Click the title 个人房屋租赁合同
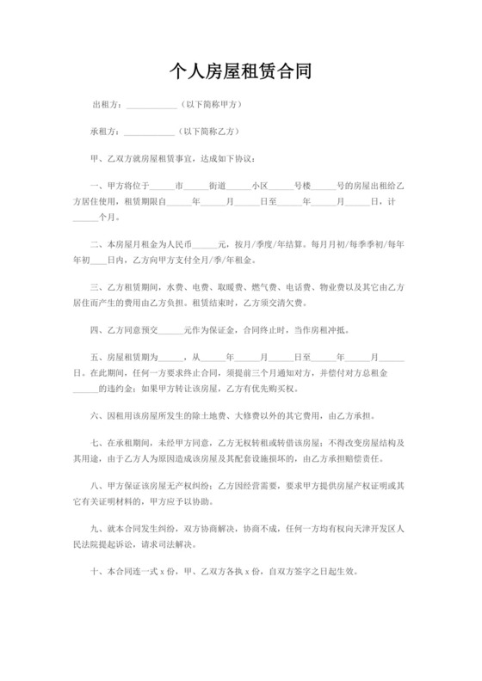tap(241, 71)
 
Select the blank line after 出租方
tap(151, 107)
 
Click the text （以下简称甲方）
tap(209, 106)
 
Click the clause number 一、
tap(96, 186)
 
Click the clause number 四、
tap(96, 329)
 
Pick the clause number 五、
tap(96, 356)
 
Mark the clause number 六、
tap(96, 415)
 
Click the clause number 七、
tap(96, 445)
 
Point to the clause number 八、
tap(96, 488)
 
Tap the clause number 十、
tap(96, 572)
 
